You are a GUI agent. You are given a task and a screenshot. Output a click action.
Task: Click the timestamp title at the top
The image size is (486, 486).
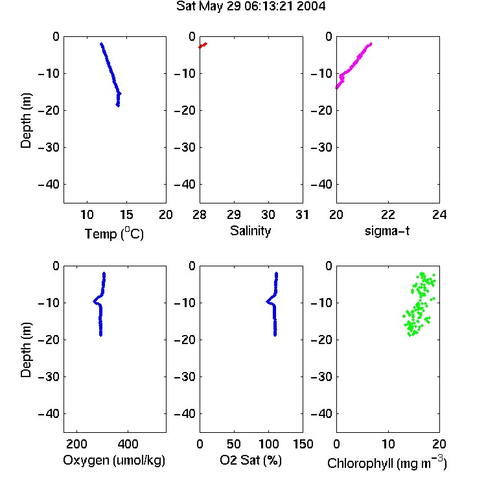(x=251, y=6)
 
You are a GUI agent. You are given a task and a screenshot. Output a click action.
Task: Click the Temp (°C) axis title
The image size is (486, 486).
(x=114, y=233)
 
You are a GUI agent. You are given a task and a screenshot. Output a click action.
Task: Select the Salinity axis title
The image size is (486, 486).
(x=250, y=231)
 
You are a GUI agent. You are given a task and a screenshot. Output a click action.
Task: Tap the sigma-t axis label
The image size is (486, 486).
(x=387, y=231)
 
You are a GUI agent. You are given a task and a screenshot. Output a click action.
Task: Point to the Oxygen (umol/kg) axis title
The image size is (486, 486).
(x=114, y=460)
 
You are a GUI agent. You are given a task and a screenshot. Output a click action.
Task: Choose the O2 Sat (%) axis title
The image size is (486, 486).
(x=251, y=460)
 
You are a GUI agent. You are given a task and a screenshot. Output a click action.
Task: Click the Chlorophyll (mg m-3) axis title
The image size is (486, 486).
(x=387, y=463)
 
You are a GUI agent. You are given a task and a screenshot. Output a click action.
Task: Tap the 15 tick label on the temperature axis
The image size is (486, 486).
(x=126, y=214)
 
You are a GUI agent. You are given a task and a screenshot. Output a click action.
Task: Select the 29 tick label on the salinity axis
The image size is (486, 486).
(x=234, y=214)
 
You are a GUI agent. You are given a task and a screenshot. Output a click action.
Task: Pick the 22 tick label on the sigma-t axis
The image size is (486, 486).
(x=388, y=214)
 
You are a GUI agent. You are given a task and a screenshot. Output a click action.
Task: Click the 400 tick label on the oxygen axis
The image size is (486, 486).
(x=128, y=444)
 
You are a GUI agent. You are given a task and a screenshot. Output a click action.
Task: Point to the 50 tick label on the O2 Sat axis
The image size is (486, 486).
(x=234, y=444)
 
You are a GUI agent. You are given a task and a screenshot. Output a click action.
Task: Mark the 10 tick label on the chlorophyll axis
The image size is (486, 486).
(x=388, y=444)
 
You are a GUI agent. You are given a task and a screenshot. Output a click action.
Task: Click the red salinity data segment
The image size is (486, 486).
(x=203, y=45)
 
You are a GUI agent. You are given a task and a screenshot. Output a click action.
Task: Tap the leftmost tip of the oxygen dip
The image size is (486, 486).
(x=94, y=301)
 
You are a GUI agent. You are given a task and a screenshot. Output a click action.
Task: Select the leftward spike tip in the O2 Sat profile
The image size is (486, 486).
(x=267, y=301)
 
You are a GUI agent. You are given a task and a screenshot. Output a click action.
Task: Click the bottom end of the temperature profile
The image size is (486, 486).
(x=118, y=106)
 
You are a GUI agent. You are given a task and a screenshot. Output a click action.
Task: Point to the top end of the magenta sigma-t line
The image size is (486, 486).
(x=371, y=44)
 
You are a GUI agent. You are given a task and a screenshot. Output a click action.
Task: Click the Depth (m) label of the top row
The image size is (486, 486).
(x=26, y=121)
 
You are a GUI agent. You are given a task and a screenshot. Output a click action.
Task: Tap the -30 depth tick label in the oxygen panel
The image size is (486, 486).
(x=49, y=376)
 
